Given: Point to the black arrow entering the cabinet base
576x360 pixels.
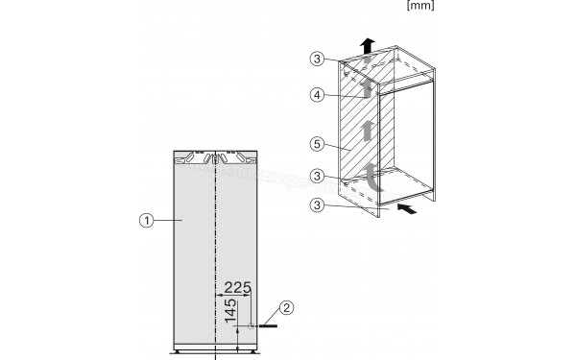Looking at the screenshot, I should pyautogui.click(x=407, y=207).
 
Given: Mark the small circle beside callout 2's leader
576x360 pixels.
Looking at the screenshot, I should pyautogui.click(x=251, y=326).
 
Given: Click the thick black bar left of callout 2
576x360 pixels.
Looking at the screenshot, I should pyautogui.click(x=265, y=326).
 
